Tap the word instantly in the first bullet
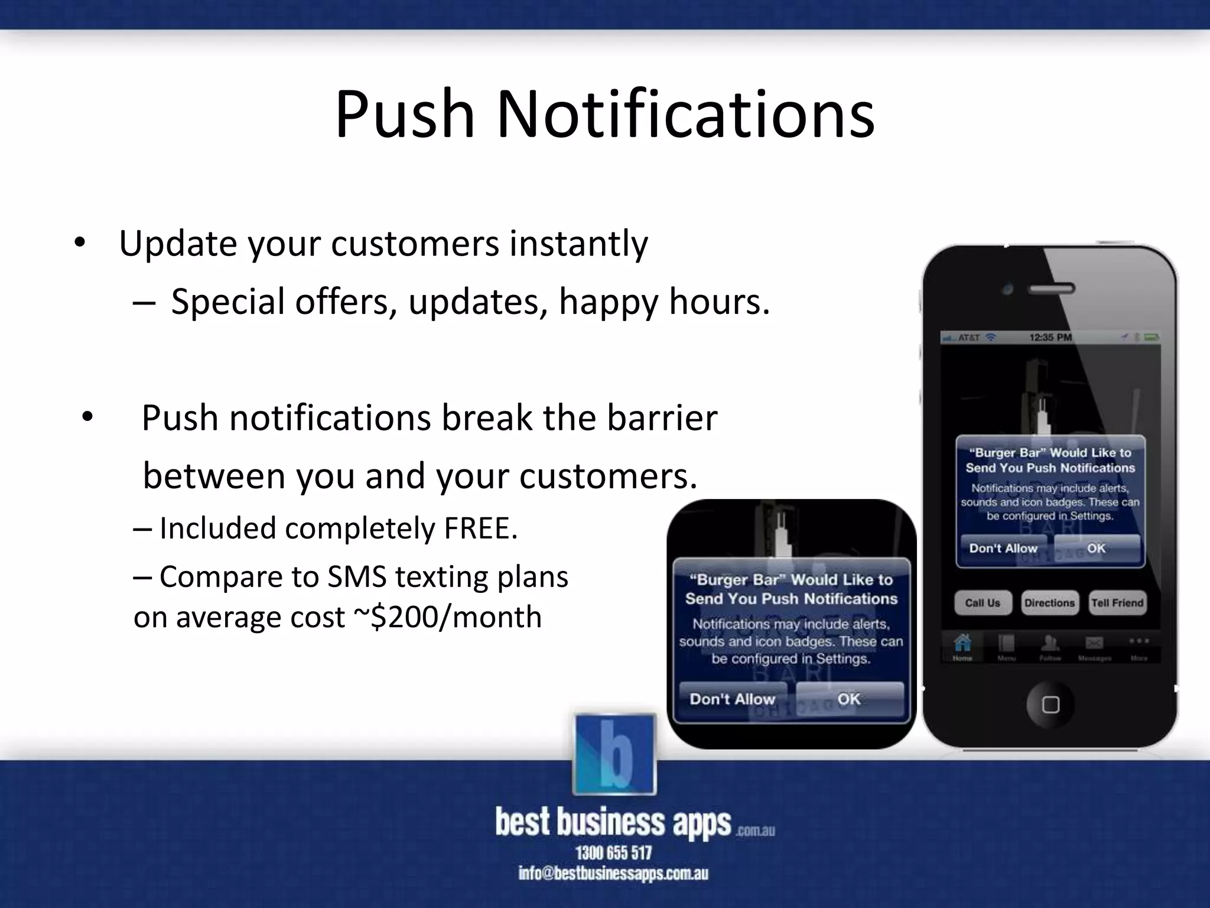[x=578, y=244]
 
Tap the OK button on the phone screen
[x=1096, y=549]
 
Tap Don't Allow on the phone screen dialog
[x=1003, y=549]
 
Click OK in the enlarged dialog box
[x=849, y=699]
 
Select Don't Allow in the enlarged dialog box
[x=733, y=699]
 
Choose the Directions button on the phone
[x=1049, y=603]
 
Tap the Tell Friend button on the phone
[x=1117, y=603]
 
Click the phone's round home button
[x=1050, y=705]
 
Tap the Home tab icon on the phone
[x=962, y=646]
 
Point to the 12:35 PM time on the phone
[x=1050, y=338]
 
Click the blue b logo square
[x=614, y=754]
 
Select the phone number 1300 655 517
[x=614, y=852]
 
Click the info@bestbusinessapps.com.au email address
[x=613, y=874]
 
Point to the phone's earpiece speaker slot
[x=1052, y=289]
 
